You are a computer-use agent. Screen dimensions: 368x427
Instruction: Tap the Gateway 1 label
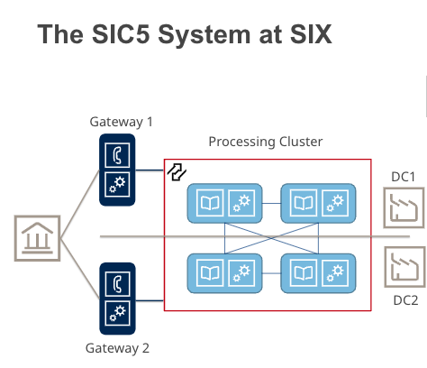122,121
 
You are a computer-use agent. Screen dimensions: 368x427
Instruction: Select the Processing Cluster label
265,142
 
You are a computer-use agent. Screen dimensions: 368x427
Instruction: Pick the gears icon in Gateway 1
116,184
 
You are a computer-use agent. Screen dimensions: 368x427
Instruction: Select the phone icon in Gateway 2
116,280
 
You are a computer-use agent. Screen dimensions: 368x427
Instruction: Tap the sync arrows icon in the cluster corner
177,171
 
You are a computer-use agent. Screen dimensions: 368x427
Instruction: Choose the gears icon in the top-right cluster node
335,202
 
